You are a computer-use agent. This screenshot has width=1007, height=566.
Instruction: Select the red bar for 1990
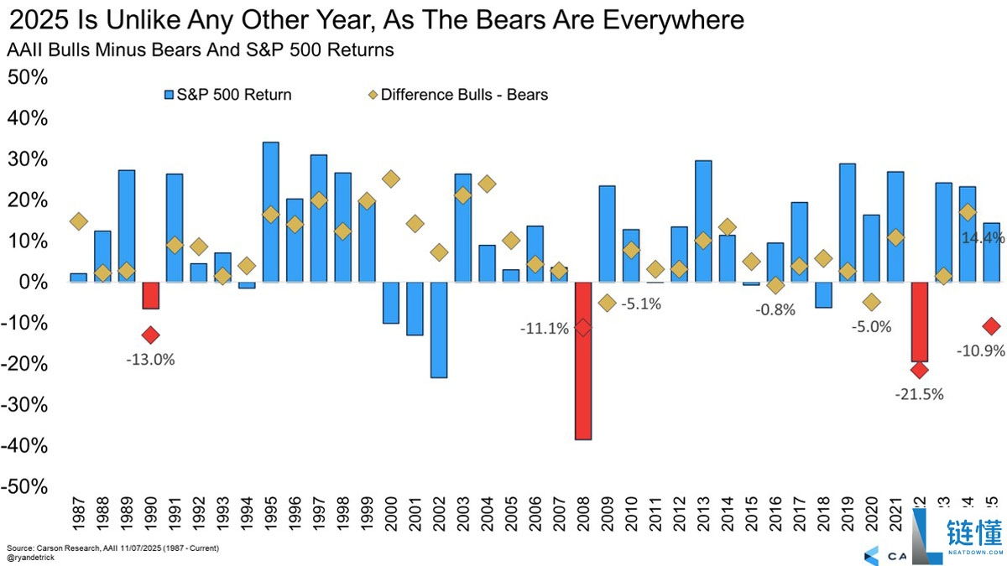[151, 296]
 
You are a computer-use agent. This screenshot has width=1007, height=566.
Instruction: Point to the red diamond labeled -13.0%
[151, 335]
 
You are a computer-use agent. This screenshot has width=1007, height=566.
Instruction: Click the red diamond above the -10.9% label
[991, 326]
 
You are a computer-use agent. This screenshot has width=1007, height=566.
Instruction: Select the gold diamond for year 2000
[391, 179]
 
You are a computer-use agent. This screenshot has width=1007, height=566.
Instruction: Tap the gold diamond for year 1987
[78, 221]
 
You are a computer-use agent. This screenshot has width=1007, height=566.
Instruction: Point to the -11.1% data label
[543, 328]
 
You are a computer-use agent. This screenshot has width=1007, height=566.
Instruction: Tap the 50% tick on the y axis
[28, 77]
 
